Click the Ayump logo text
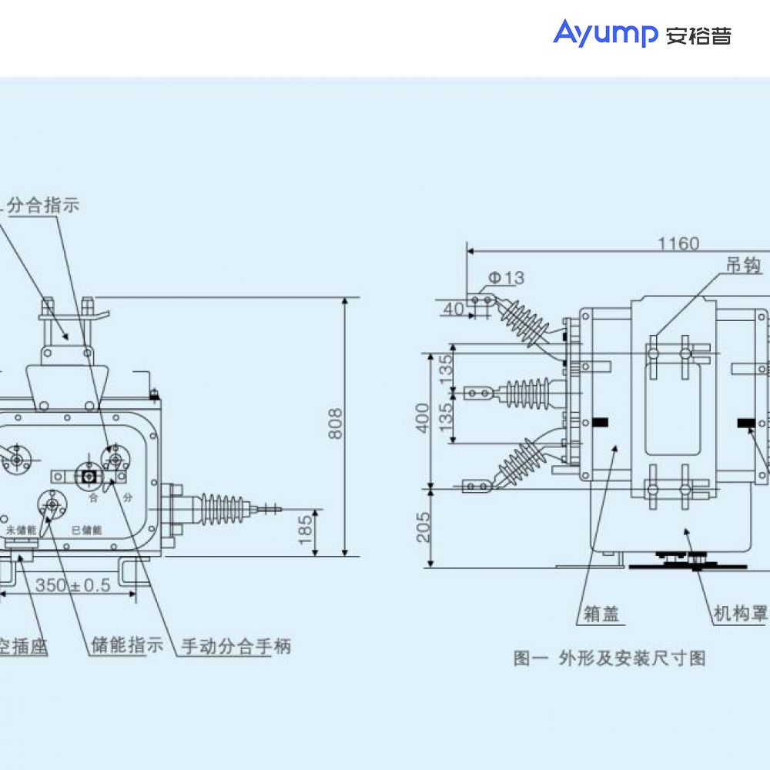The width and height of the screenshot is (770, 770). click(x=605, y=35)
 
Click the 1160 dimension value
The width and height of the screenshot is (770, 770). click(x=678, y=244)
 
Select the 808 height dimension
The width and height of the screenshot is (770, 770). click(x=336, y=423)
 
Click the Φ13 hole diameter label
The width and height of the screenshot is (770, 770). click(x=506, y=278)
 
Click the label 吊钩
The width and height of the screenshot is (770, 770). click(x=743, y=266)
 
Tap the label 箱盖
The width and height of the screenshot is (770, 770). click(x=601, y=614)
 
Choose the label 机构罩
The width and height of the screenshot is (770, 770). click(x=740, y=614)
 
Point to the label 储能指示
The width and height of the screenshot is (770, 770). click(x=127, y=645)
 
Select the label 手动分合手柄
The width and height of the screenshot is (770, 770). click(x=236, y=646)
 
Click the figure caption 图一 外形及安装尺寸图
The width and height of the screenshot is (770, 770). click(x=609, y=658)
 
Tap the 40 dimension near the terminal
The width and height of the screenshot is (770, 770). click(x=454, y=309)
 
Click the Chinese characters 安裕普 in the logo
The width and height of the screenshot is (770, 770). click(x=698, y=35)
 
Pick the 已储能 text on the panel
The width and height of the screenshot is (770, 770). click(x=87, y=531)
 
